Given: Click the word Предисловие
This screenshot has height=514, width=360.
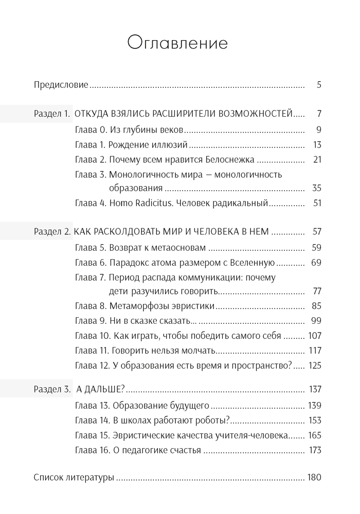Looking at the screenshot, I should point(61,85).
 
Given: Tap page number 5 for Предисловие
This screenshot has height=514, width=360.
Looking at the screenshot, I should point(319,85).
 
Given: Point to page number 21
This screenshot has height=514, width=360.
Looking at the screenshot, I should point(317,159).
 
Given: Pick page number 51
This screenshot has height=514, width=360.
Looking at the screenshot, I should point(317,203).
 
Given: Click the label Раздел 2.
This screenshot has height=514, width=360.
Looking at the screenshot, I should point(52,232).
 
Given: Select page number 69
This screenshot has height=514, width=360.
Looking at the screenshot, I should point(316,263).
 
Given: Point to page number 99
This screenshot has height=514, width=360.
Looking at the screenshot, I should point(316,321).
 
